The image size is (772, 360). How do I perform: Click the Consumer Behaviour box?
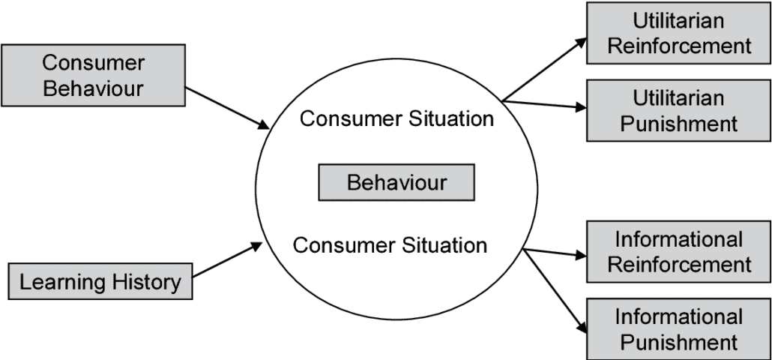(93, 75)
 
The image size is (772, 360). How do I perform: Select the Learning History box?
(100, 282)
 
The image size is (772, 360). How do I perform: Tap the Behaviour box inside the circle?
(396, 182)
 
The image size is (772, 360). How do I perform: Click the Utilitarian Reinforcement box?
(678, 33)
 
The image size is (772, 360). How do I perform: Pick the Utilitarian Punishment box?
(678, 110)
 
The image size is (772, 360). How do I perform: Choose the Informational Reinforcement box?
(678, 251)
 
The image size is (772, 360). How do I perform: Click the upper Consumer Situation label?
(396, 118)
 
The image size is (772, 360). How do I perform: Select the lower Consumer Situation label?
(390, 244)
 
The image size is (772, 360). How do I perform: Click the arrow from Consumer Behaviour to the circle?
(227, 107)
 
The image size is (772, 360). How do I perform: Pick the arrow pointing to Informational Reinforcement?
(555, 253)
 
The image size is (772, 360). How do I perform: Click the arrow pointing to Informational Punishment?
(555, 291)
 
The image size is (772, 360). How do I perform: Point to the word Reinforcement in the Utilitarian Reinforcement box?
(679, 45)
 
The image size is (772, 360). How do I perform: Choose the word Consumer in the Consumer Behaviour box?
(93, 62)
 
